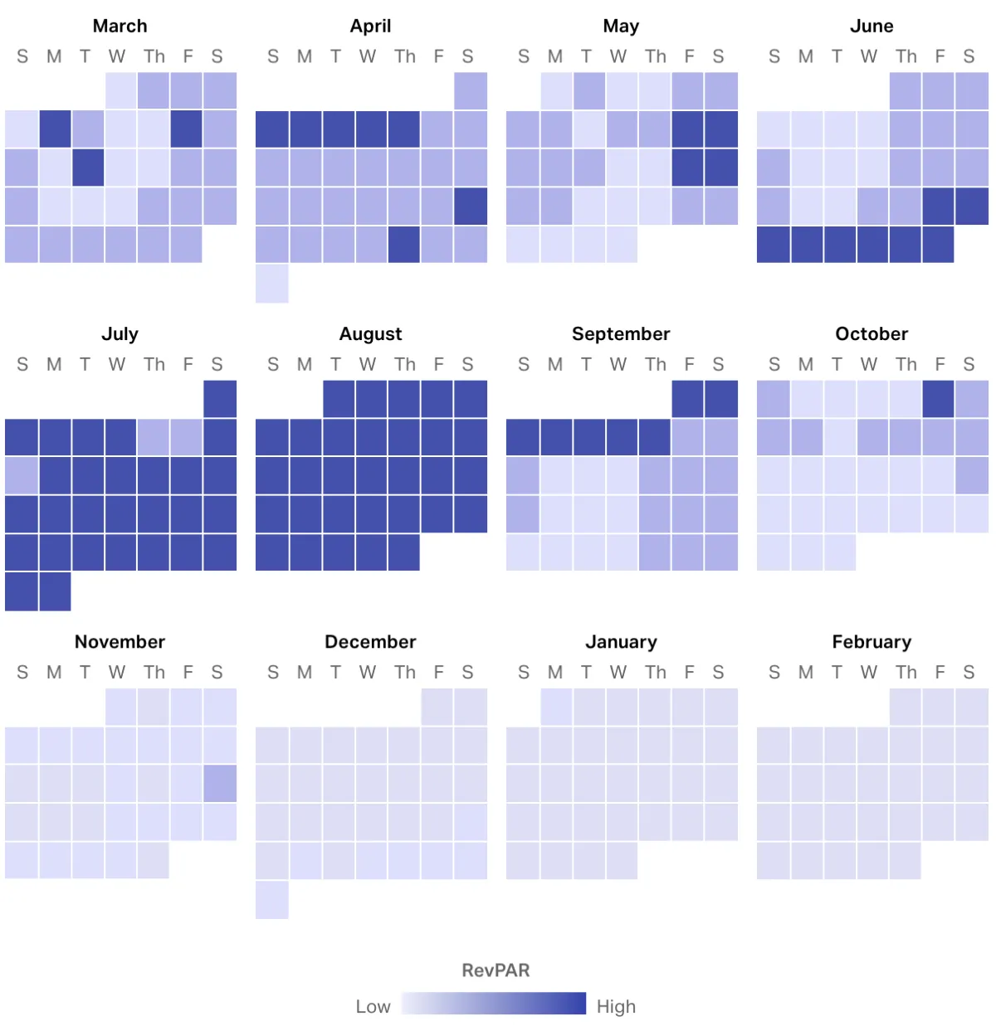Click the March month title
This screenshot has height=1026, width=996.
[x=120, y=26]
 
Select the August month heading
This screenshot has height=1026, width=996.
[x=370, y=333]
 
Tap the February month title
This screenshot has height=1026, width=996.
[x=871, y=641]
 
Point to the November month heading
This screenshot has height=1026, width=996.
[x=120, y=641]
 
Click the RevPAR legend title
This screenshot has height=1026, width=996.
[x=496, y=970]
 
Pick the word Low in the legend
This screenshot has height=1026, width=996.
[x=373, y=1006]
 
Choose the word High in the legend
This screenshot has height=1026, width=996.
[x=616, y=1006]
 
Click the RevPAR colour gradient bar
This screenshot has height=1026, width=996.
[x=494, y=1004]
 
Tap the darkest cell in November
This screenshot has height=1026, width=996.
[x=220, y=784]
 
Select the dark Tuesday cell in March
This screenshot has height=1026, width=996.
[x=88, y=168]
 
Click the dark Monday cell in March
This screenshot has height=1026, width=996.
[x=55, y=129]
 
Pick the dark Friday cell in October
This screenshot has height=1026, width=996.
[x=939, y=399]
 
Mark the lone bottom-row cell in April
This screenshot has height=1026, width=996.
[x=272, y=284]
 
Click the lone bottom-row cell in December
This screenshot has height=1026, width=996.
[x=272, y=900]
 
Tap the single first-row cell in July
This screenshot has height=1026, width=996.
[x=220, y=399]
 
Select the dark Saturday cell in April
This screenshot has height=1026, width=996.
[x=471, y=207]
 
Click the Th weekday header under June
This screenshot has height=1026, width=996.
[x=906, y=56]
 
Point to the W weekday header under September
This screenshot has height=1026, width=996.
[x=618, y=364]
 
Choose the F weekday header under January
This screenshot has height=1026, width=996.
[x=689, y=672]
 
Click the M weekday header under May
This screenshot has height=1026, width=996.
[x=555, y=56]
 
